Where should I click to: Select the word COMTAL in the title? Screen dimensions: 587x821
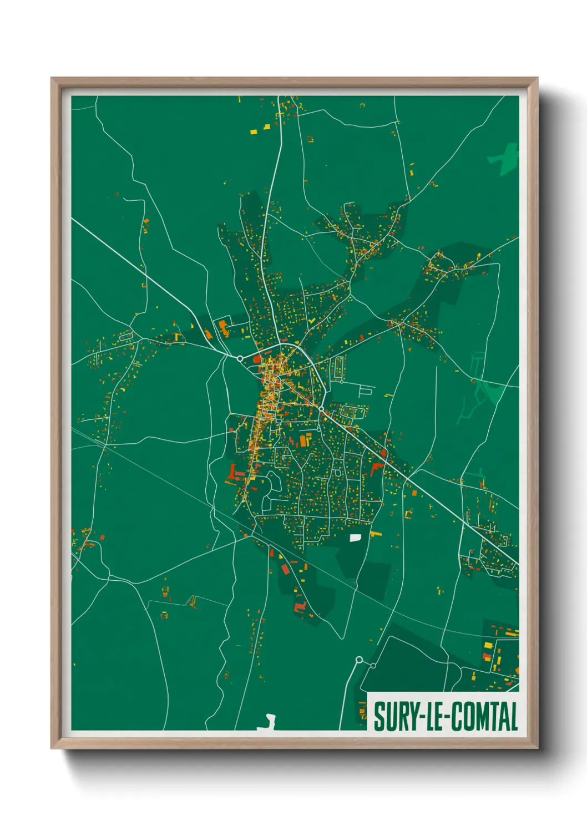483,716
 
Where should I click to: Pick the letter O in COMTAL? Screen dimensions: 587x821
469,716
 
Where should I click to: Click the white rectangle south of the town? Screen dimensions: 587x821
355,537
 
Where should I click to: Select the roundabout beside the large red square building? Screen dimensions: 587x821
240,358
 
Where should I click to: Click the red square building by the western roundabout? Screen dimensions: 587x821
257,359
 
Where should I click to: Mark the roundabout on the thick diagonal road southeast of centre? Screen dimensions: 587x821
321,409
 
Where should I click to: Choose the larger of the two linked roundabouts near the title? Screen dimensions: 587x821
359,660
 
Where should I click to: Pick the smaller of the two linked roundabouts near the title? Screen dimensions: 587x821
373,665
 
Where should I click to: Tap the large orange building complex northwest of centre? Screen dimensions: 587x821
224,327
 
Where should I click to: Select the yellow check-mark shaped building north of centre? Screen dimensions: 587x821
311,320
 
